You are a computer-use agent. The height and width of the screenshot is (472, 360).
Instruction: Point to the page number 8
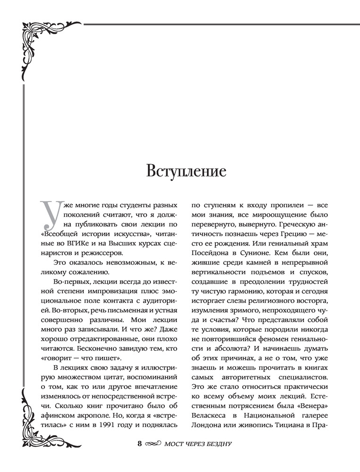[x=139, y=444]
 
